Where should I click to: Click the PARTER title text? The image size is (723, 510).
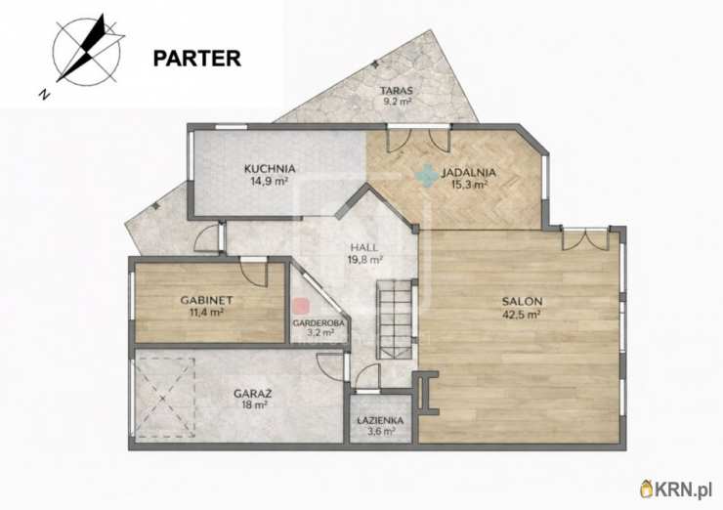click(x=197, y=59)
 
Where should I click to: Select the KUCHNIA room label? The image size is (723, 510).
click(x=270, y=169)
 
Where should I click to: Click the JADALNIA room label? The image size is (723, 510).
click(x=468, y=173)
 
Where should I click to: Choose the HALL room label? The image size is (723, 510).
click(x=364, y=247)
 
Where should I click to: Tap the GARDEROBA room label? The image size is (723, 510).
click(x=319, y=323)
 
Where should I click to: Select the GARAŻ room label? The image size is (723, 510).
click(x=253, y=395)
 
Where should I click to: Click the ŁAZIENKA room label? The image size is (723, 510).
click(x=380, y=420)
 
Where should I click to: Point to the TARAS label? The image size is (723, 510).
click(x=397, y=91)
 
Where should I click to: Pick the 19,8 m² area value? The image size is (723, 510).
click(x=365, y=260)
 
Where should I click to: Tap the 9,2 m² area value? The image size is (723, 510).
click(x=398, y=102)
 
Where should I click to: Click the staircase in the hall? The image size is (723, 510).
click(x=394, y=319)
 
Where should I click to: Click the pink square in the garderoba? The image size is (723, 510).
click(x=302, y=306)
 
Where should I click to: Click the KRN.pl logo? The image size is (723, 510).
click(x=676, y=489)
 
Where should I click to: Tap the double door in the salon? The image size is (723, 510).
click(x=585, y=239)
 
